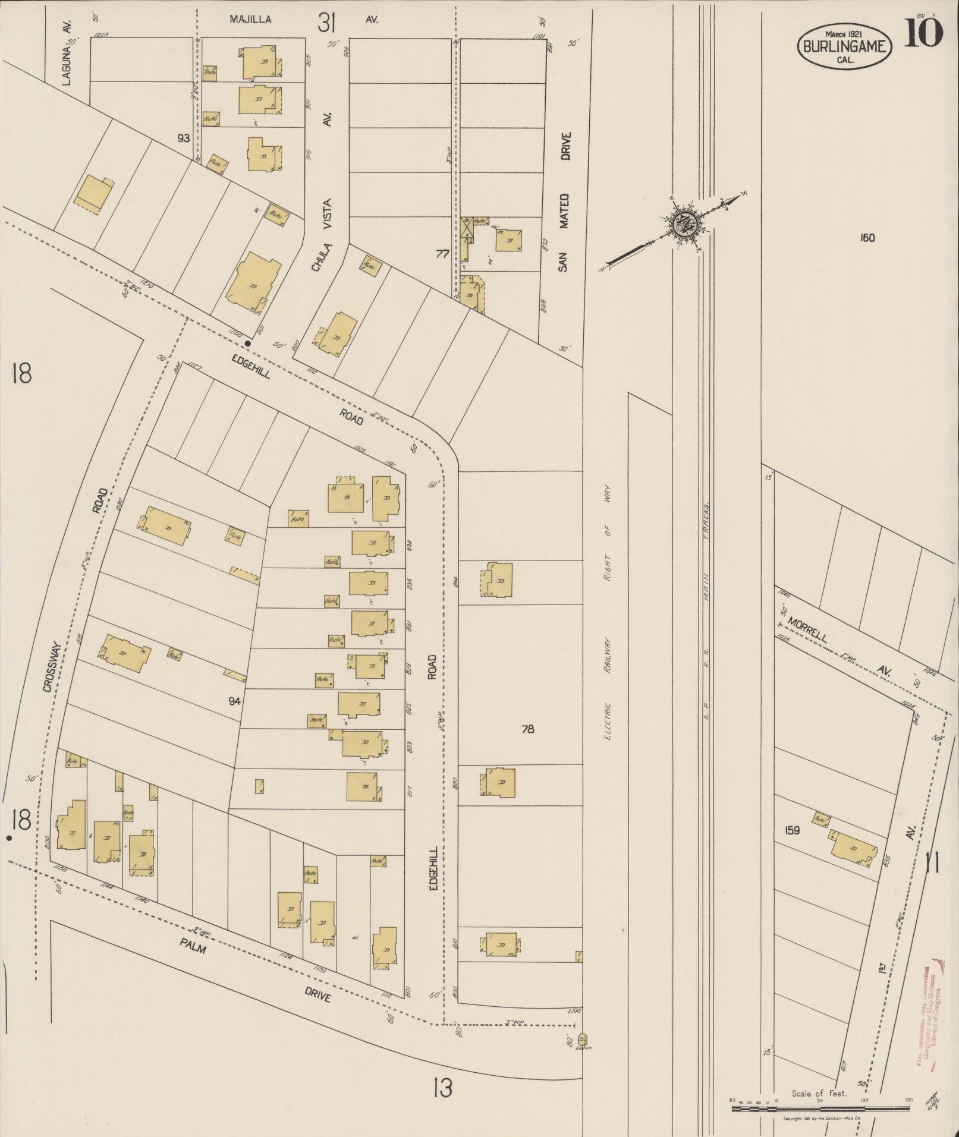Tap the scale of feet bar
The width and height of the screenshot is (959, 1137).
(820, 1108)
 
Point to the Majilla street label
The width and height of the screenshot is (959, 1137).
(250, 20)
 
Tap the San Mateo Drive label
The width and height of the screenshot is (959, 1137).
(564, 202)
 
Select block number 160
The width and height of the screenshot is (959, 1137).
(867, 238)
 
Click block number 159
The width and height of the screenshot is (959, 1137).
(792, 830)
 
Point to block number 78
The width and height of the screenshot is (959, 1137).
(527, 729)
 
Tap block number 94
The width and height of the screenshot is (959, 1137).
(234, 701)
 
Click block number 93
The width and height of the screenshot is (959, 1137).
(183, 138)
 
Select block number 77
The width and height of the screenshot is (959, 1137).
(442, 254)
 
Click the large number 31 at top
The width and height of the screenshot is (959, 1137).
(327, 23)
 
